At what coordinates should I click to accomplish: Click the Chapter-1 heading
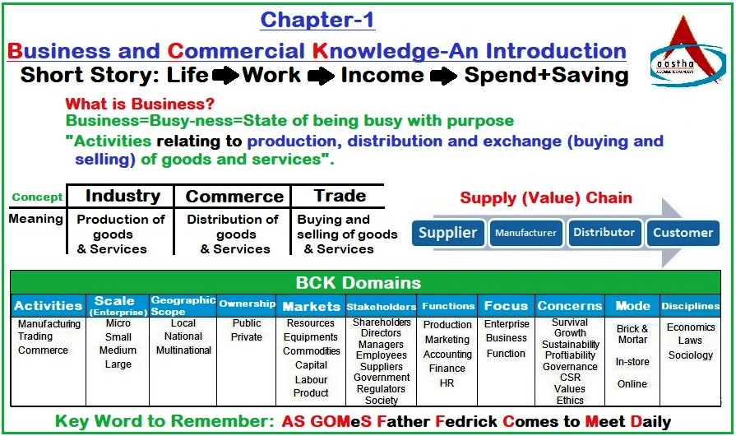[317, 19]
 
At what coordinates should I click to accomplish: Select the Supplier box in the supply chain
[447, 233]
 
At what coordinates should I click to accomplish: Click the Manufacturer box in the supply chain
[525, 233]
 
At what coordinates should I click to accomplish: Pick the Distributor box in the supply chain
[604, 233]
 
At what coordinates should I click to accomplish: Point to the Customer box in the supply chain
[683, 233]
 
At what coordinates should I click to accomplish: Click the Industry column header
[123, 196]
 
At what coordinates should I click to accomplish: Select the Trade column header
[340, 196]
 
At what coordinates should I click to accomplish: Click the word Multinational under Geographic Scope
[183, 350]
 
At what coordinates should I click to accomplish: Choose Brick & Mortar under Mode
[632, 334]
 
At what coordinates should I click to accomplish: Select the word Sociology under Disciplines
[691, 355]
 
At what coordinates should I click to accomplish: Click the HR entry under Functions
[447, 383]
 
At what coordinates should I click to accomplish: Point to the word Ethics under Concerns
[570, 401]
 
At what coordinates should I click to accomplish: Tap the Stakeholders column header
[381, 307]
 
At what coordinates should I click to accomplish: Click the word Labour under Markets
[311, 380]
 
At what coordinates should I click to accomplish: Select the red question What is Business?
[140, 104]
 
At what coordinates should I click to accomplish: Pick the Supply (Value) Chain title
[546, 197]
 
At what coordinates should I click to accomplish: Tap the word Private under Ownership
[247, 336]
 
